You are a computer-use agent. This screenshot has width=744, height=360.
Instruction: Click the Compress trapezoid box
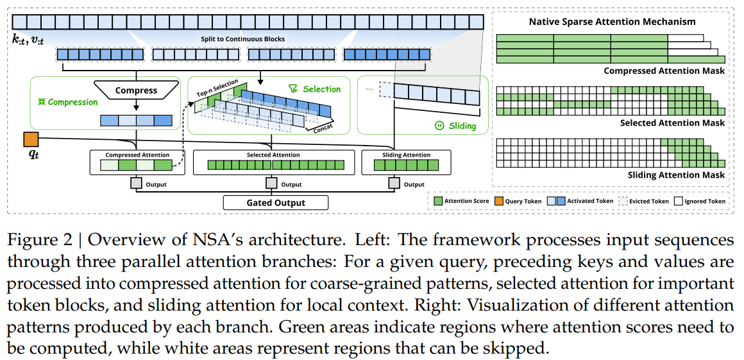click(136, 90)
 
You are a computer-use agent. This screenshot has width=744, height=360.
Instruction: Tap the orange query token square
click(30, 139)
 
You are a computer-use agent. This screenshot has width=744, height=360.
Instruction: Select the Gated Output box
click(276, 203)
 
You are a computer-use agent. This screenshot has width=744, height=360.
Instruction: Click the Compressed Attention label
click(137, 155)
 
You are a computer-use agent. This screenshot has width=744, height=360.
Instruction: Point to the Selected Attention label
click(273, 155)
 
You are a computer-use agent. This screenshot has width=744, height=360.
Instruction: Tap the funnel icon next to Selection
click(293, 89)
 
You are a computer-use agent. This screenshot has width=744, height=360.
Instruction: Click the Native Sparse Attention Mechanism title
click(612, 22)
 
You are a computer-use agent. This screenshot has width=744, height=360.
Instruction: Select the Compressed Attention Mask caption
click(664, 71)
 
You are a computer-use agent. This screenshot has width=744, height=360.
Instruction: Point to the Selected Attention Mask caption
click(673, 123)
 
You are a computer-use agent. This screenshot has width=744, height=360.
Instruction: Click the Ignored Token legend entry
click(702, 201)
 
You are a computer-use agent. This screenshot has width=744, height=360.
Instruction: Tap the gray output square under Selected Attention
click(273, 184)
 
